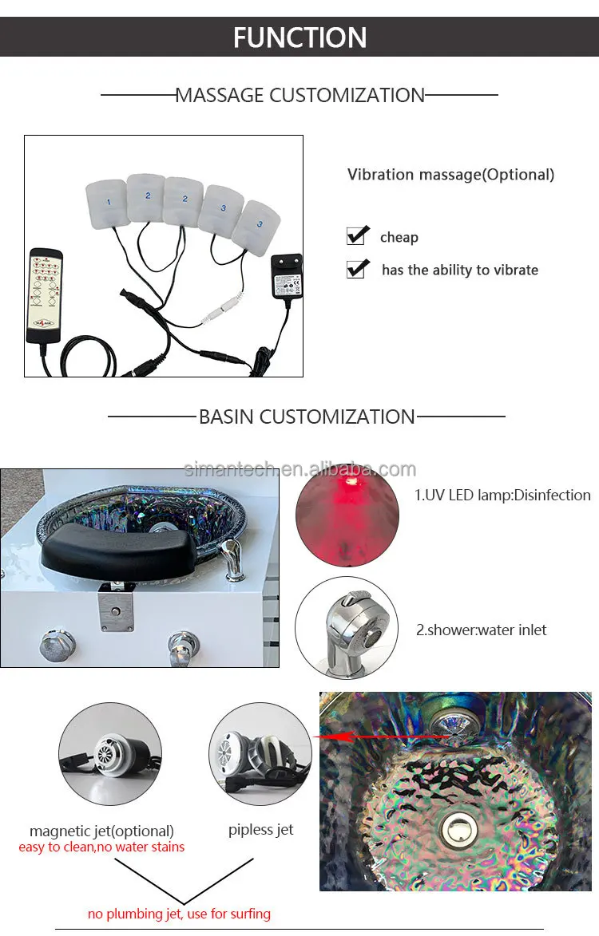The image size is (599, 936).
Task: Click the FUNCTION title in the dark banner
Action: pos(299,37)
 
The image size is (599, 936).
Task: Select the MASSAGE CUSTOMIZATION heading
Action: pos(299,95)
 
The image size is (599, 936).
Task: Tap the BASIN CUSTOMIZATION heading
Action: pos(307,416)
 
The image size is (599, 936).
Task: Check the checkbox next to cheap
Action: pos(357,235)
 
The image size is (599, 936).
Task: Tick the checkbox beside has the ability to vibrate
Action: pos(357,269)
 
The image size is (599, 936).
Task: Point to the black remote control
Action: pos(45,295)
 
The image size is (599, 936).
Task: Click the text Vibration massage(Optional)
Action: pos(451,174)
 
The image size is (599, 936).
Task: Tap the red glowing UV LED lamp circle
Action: pos(347,515)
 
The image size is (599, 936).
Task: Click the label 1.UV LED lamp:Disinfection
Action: pos(502,495)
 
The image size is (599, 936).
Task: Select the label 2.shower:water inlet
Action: pos(481,630)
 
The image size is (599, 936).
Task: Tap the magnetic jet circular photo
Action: pos(110,754)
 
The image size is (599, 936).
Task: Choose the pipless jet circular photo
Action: pos(260,754)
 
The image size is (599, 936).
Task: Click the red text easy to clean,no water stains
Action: pos(101,847)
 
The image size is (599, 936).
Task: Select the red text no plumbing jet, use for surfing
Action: pos(179,914)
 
